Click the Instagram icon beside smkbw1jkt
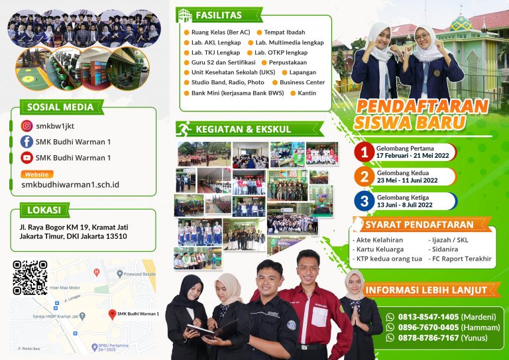coord(27,125)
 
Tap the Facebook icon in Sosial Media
coord(27,141)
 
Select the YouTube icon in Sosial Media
coord(27,158)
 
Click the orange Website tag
coord(37,174)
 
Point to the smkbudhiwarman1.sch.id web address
coord(70,185)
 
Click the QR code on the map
coord(30,278)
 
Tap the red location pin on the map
coord(113,314)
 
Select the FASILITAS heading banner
coord(219,15)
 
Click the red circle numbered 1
coord(364,152)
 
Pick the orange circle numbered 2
coord(364,176)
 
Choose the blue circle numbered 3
coord(364,201)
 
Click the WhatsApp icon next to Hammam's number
coord(390,328)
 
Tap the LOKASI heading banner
coord(44,210)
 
